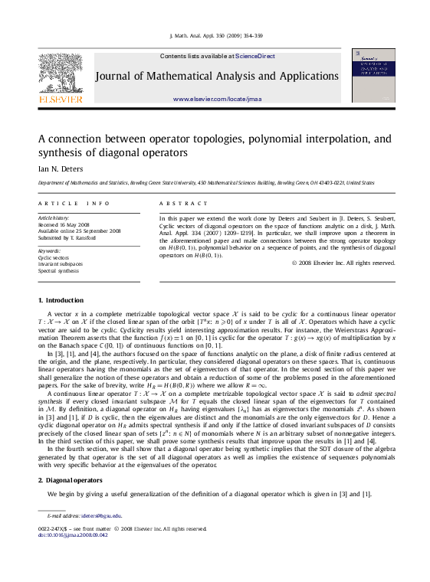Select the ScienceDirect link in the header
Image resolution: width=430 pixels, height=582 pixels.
(255, 56)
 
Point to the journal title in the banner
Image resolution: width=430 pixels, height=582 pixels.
(217, 77)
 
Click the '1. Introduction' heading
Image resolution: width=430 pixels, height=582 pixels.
(61, 300)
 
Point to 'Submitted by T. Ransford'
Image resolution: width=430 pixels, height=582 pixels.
(67, 237)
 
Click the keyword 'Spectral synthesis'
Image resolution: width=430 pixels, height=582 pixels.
(58, 271)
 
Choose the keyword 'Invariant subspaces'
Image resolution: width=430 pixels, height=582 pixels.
(61, 264)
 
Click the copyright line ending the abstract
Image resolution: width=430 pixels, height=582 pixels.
(343, 263)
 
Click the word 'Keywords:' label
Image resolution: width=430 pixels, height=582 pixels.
(49, 250)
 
